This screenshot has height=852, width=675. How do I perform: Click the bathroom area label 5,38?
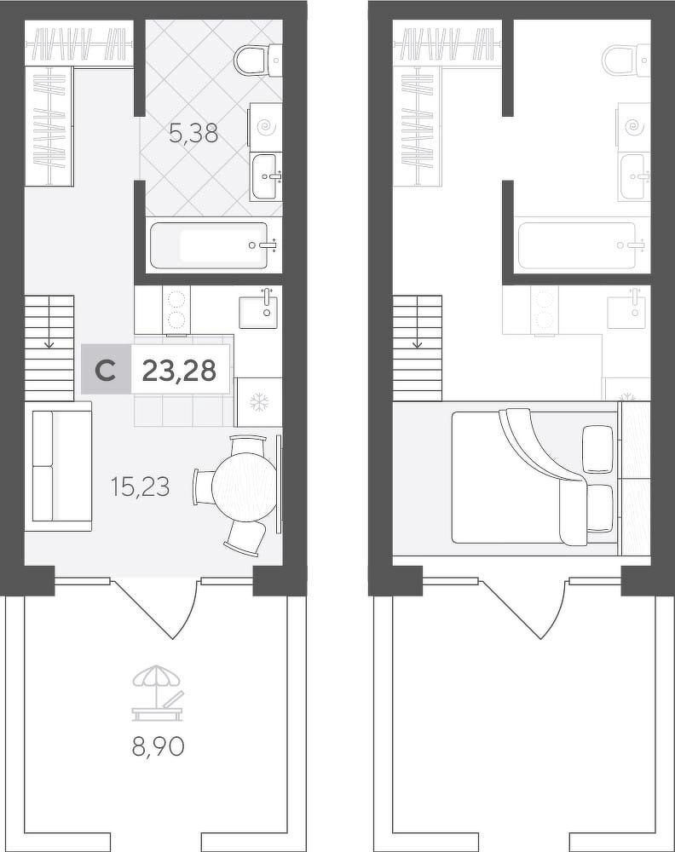tap(193, 133)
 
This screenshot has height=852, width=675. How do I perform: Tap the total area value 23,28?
tap(179, 371)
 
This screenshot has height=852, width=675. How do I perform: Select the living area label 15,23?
tap(140, 486)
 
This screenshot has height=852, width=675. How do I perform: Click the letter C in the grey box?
tap(105, 371)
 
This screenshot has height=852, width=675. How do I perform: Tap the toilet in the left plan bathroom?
tap(257, 59)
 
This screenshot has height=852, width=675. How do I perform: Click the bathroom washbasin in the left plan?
tap(265, 176)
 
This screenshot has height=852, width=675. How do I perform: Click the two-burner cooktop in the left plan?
tap(176, 309)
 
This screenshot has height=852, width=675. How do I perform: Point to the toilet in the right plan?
tap(626, 59)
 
